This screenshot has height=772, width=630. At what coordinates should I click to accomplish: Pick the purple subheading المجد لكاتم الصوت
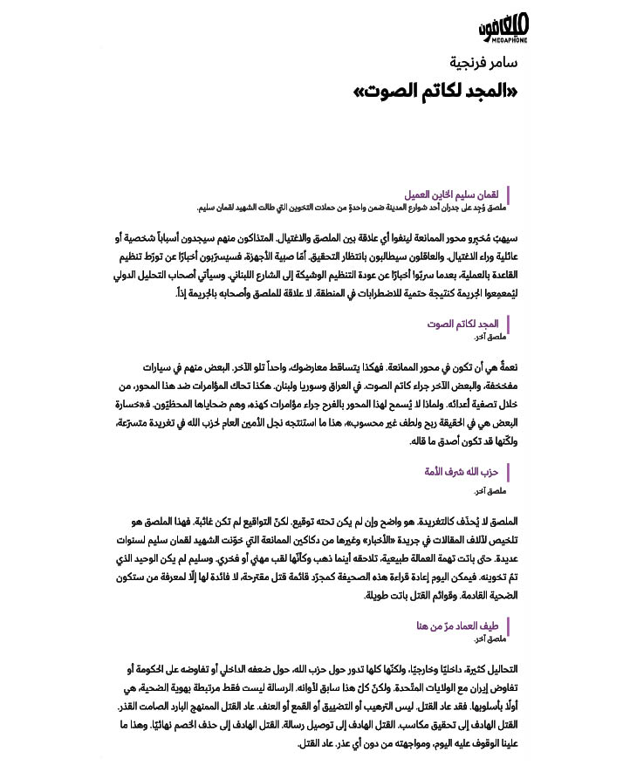462,324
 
